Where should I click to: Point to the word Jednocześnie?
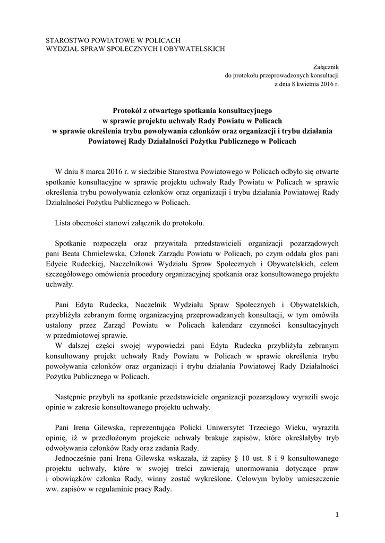(x=78, y=458)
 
